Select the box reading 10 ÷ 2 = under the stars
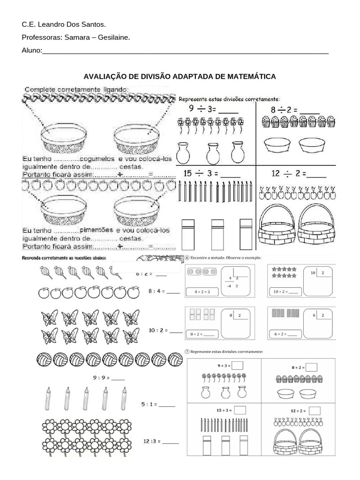tap(285, 292)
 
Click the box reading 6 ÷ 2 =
tap(285, 334)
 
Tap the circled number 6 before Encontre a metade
tap(187, 258)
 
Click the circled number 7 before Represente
tap(187, 351)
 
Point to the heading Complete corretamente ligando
tap(75, 89)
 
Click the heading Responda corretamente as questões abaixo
tap(64, 258)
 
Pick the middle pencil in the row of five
tap(85, 397)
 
